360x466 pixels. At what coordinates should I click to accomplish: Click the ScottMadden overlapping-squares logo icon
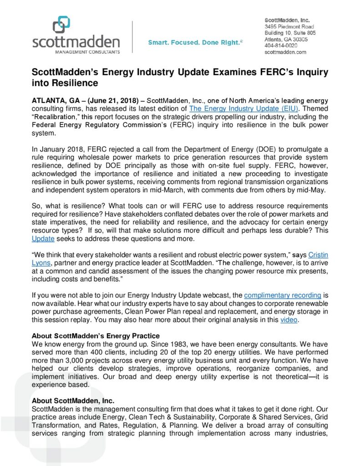tap(61, 25)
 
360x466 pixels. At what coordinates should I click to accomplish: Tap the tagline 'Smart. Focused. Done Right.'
tap(195, 42)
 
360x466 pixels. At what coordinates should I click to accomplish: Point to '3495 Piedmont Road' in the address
tap(289, 26)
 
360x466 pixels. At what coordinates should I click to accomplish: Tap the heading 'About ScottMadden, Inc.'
tap(73, 401)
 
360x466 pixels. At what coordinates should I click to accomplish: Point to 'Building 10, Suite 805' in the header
tap(290, 33)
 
